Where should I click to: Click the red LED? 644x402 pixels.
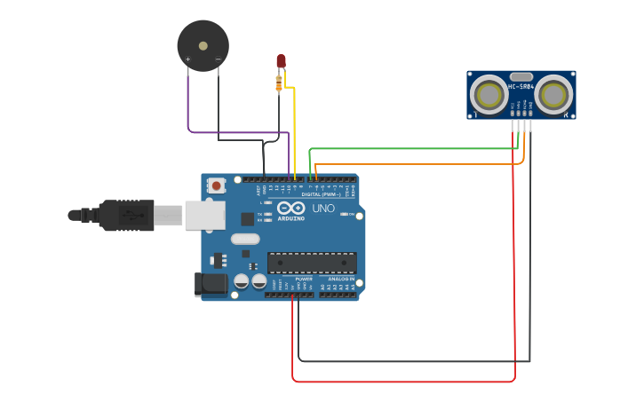pos(281,60)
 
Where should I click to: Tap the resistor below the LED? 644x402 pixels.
pos(279,83)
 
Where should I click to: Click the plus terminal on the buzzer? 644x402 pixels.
pos(187,59)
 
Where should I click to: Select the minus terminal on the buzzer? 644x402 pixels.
pos(219,59)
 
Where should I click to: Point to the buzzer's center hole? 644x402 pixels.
pos(203,45)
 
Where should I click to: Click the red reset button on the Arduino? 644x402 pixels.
pos(216,185)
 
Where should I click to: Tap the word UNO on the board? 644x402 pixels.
pos(322,209)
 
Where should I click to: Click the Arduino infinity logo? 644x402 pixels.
pos(291,208)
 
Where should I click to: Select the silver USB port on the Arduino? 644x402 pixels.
pos(204,215)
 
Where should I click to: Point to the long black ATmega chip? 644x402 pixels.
pos(312,263)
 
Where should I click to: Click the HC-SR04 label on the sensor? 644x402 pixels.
pos(521,86)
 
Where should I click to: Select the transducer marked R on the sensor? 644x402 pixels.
pos(554,93)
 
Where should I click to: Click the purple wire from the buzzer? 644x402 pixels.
pos(231,132)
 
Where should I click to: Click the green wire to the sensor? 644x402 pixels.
pos(409,148)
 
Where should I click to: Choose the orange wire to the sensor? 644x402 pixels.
pos(417,163)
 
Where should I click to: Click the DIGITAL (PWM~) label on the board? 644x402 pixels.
pos(322,194)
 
